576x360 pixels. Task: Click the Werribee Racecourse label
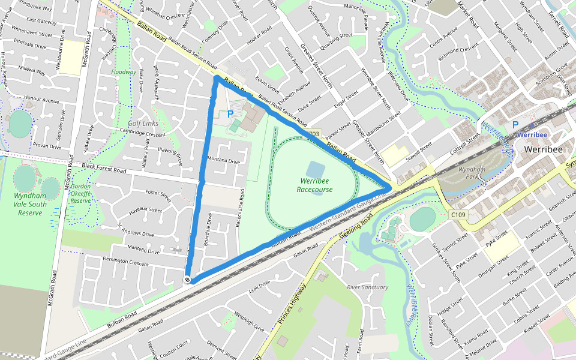(x=314, y=185)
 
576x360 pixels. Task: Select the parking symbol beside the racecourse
(x=230, y=113)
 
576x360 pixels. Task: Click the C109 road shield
(x=458, y=214)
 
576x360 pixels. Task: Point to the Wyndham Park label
(x=470, y=173)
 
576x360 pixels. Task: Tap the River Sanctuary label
(x=367, y=287)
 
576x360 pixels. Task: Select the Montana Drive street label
(x=223, y=161)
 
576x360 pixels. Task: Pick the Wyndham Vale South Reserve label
(x=30, y=204)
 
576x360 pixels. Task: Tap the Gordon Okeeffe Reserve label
(x=80, y=194)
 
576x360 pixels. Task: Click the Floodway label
(x=124, y=72)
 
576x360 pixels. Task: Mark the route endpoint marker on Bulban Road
(x=188, y=279)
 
